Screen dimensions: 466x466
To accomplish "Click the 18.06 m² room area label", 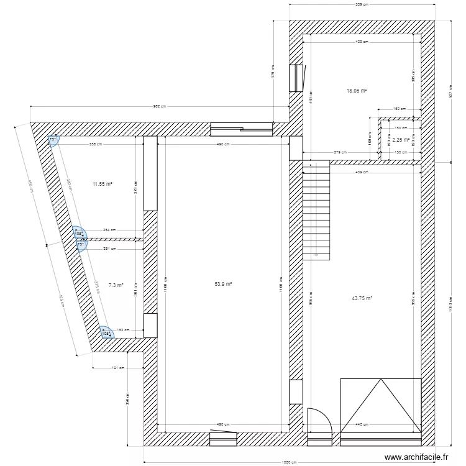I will pos(357,91).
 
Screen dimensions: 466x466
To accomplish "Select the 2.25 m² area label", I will pos(401,140).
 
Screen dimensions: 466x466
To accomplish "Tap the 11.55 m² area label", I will pos(102,184).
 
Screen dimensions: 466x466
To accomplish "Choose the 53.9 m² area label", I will pos(223,284).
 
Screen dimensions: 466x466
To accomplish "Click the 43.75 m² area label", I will pos(362,298).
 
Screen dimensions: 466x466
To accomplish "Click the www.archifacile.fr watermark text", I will pos(417,457).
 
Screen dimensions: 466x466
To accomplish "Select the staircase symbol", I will pos(318,210).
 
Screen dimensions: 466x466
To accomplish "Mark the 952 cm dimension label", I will pos(160,106).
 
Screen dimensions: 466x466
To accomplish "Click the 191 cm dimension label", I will pos(118,368).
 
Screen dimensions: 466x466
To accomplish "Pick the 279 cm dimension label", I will pos(340,152).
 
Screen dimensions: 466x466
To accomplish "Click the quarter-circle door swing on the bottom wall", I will pos(319,419).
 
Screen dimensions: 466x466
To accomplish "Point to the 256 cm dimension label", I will pos(96,145).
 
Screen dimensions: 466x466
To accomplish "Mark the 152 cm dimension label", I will pos(124,331).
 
